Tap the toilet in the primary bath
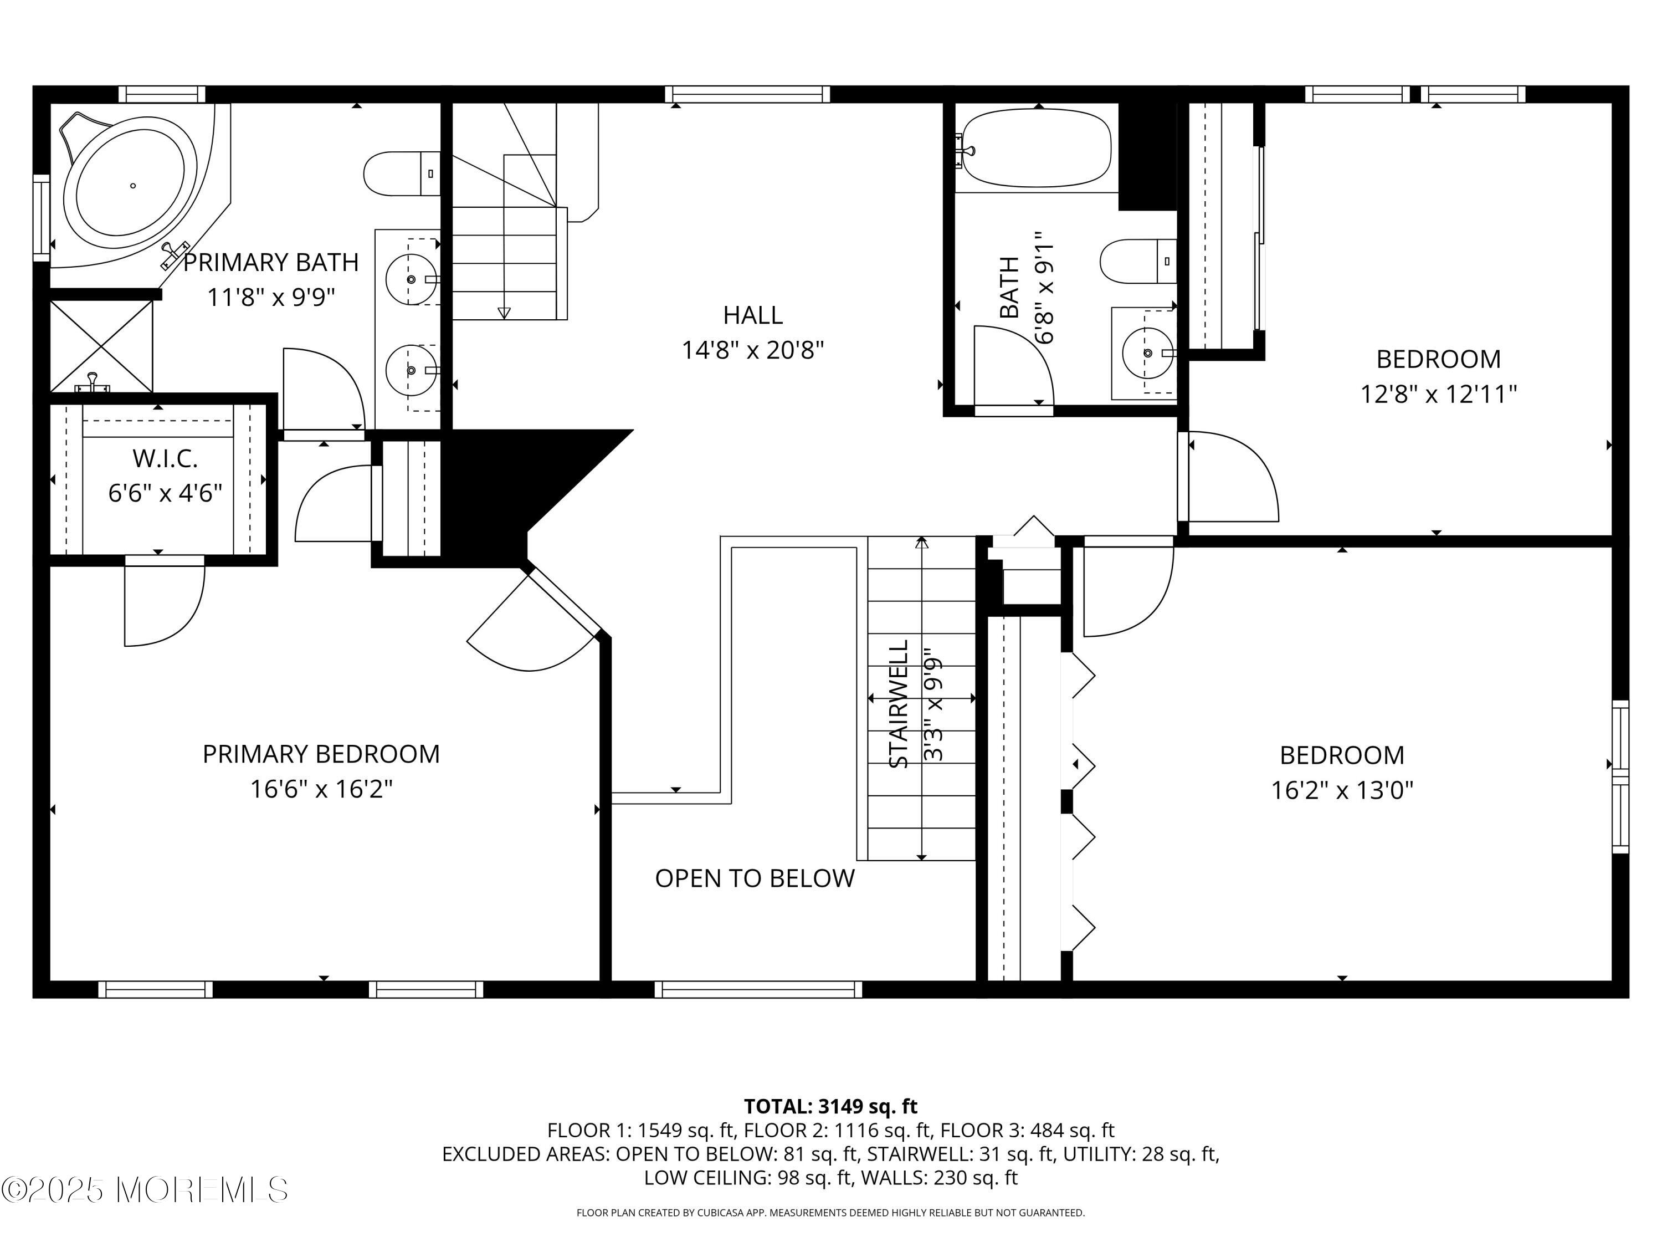(x=402, y=173)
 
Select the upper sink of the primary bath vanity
(x=411, y=279)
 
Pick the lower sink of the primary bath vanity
(x=411, y=370)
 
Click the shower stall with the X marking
(x=101, y=346)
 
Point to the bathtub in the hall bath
(x=1037, y=148)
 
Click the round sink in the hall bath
(x=1147, y=352)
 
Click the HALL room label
(x=753, y=315)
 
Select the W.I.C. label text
(x=165, y=458)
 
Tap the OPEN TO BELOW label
(x=755, y=878)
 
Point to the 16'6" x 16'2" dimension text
(x=321, y=789)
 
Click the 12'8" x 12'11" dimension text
(x=1439, y=394)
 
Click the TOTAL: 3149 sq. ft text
(x=831, y=1106)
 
